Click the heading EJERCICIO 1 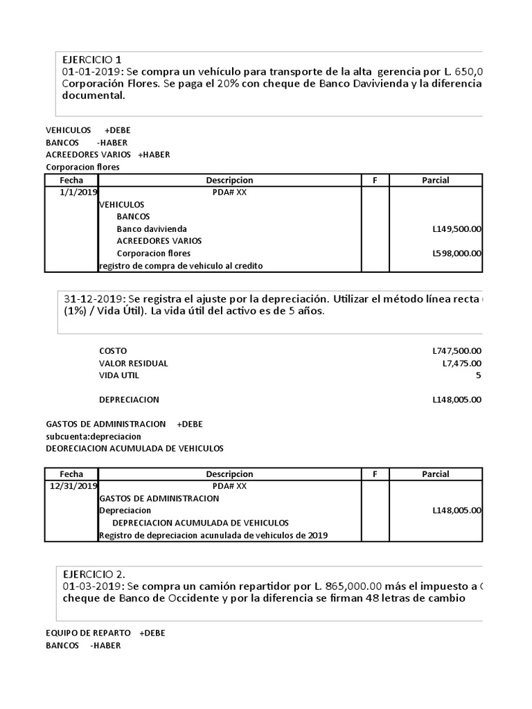(92, 60)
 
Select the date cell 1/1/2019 (80, 192)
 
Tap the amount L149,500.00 (456, 229)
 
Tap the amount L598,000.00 (456, 253)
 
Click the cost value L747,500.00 (456, 351)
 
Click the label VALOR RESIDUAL (134, 364)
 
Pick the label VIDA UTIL (119, 375)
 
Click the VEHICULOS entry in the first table (122, 205)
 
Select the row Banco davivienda (152, 229)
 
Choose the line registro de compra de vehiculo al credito (181, 266)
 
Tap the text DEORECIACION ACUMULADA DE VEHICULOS (134, 448)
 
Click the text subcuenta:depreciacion (94, 436)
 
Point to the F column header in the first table (375, 180)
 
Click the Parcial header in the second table (435, 474)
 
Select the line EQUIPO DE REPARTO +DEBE (105, 633)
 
